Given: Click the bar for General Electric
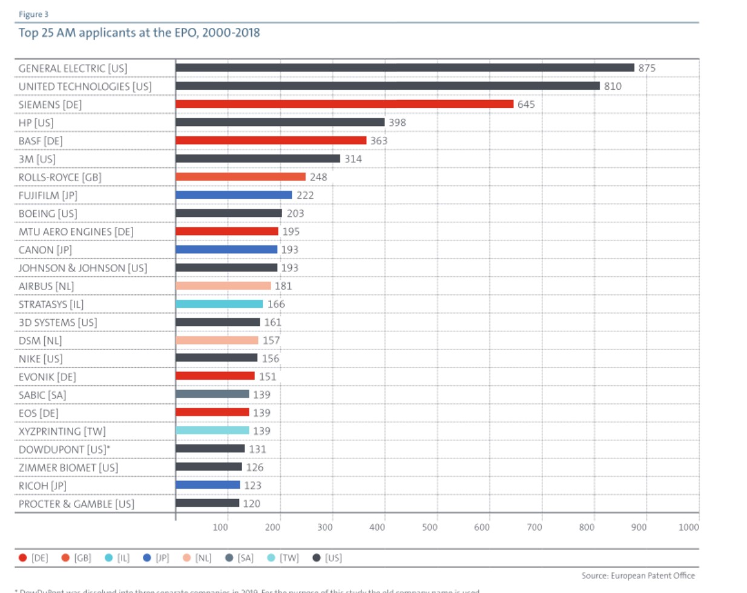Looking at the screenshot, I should tap(404, 68).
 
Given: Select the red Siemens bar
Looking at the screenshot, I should tap(344, 104).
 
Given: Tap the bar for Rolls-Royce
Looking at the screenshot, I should tap(240, 177).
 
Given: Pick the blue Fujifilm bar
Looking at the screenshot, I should tap(234, 195).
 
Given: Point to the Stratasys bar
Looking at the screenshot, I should tap(219, 304).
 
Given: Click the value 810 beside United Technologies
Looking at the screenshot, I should tap(613, 86).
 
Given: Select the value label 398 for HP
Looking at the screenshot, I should tap(397, 122).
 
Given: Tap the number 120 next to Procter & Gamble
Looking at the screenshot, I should tap(251, 503).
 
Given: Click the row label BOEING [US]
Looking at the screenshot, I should tap(48, 213).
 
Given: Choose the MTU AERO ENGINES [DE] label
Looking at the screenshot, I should tap(76, 231).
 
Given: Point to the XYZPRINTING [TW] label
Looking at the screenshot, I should tap(62, 431).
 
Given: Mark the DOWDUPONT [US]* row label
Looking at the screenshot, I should tap(64, 449).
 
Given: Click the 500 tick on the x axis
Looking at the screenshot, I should tap(429, 527).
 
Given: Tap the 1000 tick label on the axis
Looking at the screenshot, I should tap(688, 527).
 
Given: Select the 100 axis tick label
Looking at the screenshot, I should tap(220, 527).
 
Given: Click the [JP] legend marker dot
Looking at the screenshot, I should tap(146, 557).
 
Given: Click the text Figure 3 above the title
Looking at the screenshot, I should tap(33, 14).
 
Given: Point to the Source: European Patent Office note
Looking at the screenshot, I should tap(638, 575).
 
